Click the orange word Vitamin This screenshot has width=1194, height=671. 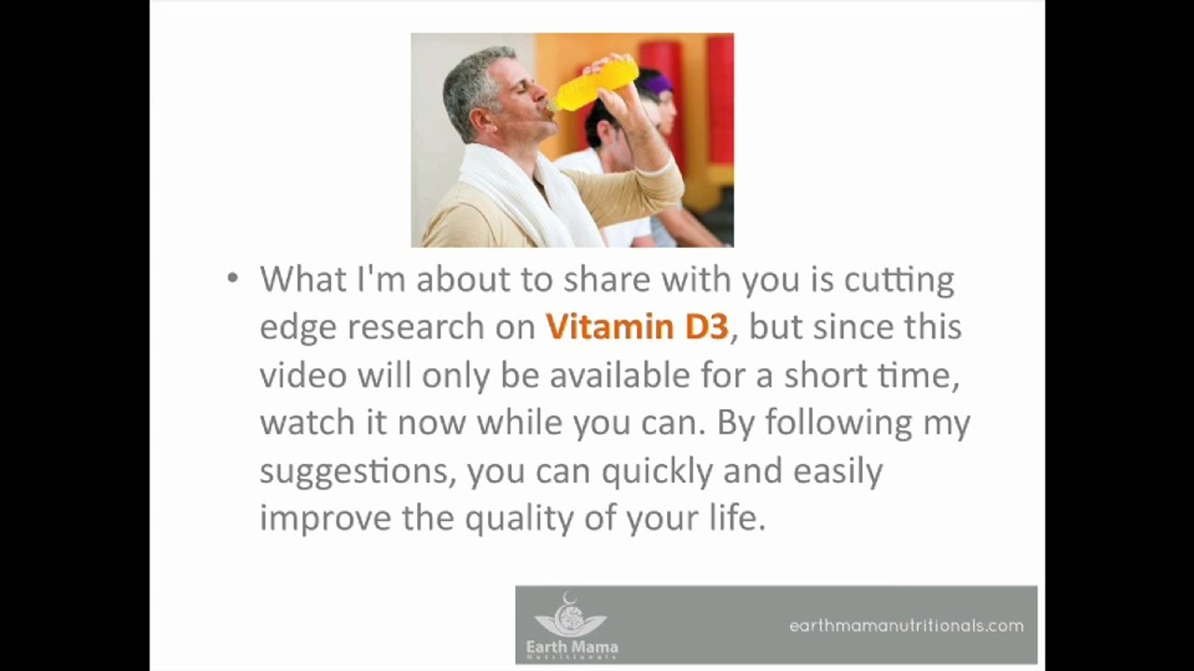[608, 327]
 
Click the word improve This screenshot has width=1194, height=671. [326, 519]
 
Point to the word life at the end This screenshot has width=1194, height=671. [737, 519]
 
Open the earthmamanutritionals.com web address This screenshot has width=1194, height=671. [906, 626]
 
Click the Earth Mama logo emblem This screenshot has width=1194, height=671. [570, 616]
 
